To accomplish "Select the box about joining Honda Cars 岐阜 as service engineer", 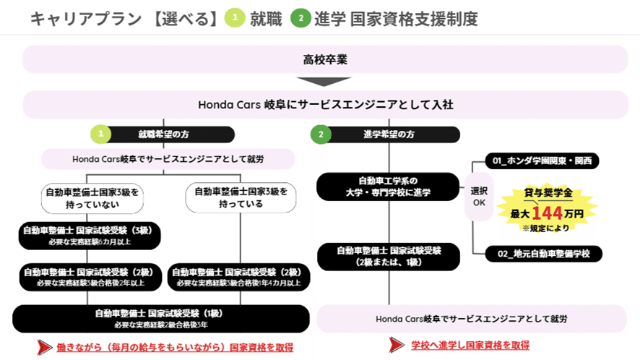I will point(325,105).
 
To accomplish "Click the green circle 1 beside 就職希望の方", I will point(100,134).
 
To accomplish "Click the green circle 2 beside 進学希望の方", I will point(321,134).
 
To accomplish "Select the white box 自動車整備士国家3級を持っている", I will point(241,197).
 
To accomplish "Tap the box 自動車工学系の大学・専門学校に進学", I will point(388,186).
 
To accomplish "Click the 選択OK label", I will point(479,197).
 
